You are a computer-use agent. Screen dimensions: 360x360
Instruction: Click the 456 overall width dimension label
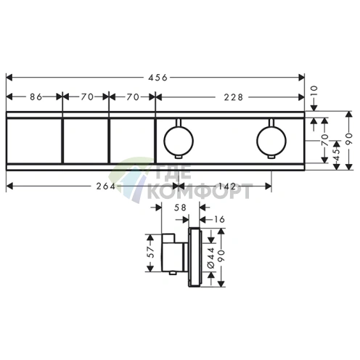tap(157, 78)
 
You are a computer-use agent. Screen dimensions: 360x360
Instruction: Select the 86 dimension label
tap(36, 97)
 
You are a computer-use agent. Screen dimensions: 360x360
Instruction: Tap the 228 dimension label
tap(233, 97)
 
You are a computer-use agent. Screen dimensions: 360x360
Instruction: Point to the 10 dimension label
tap(314, 91)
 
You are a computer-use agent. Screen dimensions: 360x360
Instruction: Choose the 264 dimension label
tap(106, 187)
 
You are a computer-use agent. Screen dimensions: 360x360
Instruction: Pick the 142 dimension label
tap(227, 187)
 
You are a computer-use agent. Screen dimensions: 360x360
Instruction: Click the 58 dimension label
tap(180, 208)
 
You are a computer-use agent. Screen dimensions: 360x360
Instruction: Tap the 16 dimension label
tap(219, 219)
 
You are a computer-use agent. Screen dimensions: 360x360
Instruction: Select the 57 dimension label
tap(151, 253)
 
